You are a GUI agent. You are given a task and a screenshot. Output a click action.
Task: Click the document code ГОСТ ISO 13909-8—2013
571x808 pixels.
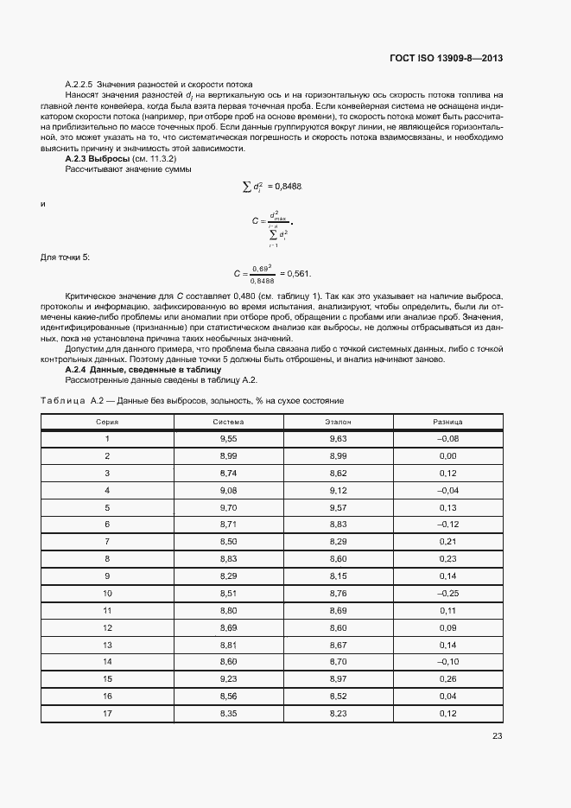[446, 58]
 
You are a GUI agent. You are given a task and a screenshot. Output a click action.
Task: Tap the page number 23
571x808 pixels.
[498, 736]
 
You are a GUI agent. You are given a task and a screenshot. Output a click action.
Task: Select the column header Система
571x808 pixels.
[228, 422]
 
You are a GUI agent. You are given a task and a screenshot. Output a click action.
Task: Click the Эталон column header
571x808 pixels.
[338, 422]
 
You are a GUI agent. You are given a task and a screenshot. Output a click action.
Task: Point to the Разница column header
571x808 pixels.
[447, 422]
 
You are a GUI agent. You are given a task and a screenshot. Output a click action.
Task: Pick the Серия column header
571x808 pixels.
[107, 422]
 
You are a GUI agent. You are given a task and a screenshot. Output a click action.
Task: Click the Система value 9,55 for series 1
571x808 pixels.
[228, 439]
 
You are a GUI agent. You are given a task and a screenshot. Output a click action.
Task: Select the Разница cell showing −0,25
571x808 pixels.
[447, 593]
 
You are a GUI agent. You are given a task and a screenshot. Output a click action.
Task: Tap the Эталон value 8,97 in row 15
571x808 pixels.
[338, 678]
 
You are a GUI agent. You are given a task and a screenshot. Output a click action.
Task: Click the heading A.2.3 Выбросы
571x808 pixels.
[97, 160]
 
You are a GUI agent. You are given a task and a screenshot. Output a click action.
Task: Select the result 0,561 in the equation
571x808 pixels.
[298, 274]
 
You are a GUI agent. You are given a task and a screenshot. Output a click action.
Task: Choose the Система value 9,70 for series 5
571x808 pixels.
[228, 507]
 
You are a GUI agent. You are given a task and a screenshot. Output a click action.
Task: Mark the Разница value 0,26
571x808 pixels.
[447, 678]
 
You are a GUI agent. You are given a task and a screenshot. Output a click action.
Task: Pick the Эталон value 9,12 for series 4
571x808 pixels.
[338, 490]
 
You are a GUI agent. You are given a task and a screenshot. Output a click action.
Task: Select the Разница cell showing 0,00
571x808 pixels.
[447, 456]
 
